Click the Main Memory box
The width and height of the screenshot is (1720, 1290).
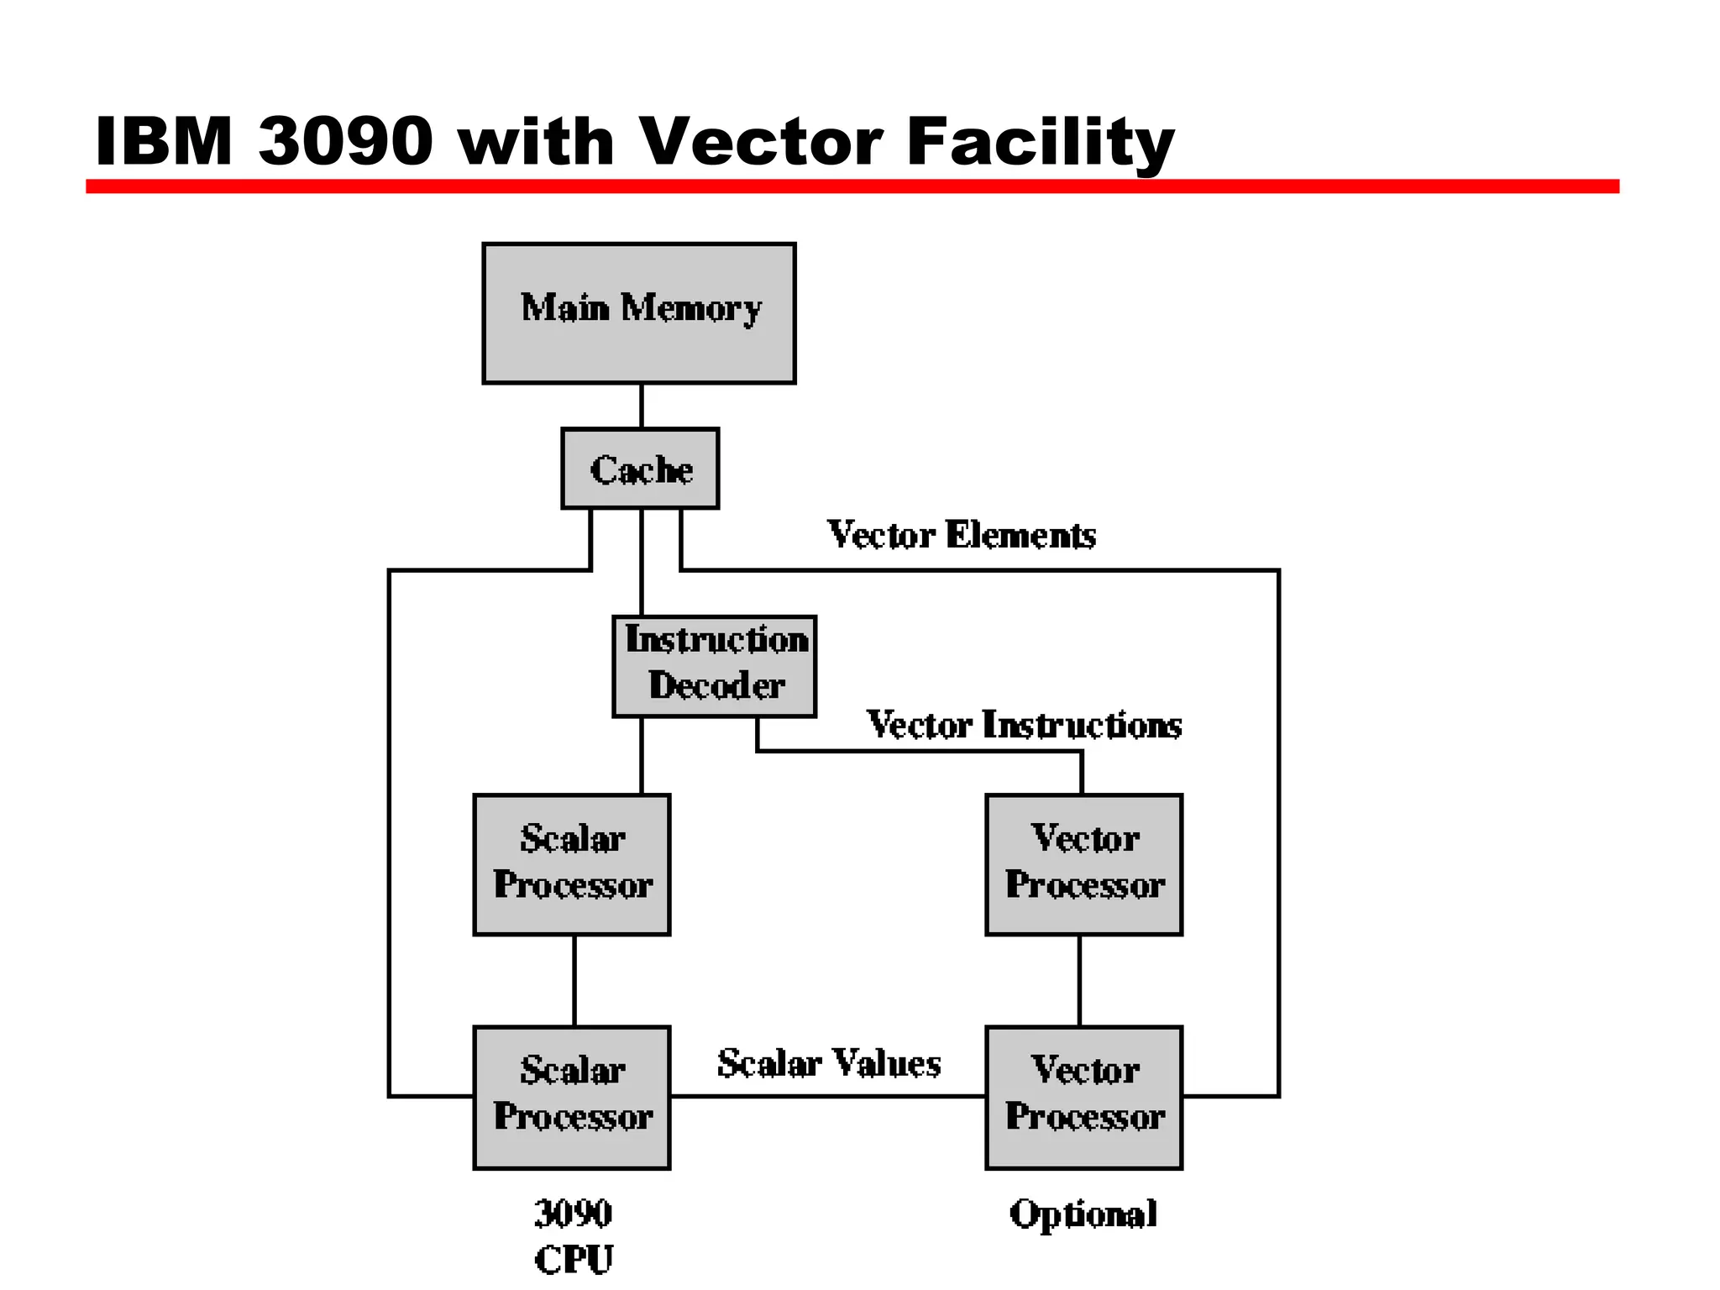(638, 313)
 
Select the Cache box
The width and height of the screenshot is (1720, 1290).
(640, 469)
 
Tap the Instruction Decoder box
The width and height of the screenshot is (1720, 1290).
(714, 666)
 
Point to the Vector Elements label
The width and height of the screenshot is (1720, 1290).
(962, 535)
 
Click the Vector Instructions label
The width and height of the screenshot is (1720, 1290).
(1024, 725)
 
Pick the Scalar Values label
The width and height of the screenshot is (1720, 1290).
(829, 1063)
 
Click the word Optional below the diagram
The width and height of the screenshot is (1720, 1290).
(1083, 1214)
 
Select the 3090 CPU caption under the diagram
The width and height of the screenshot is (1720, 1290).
(574, 1235)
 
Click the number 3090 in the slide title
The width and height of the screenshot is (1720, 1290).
(345, 141)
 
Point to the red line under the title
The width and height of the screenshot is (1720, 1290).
(852, 186)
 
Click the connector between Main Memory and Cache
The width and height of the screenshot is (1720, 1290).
(642, 406)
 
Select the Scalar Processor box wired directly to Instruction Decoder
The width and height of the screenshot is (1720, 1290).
(572, 864)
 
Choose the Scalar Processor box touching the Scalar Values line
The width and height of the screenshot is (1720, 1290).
(572, 1097)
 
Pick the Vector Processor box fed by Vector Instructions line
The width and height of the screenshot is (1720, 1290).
(1083, 864)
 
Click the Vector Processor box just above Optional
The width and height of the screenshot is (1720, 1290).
(1083, 1097)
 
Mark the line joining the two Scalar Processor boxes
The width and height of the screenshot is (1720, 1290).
(574, 980)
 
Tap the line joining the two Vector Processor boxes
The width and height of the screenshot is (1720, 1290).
(1079, 980)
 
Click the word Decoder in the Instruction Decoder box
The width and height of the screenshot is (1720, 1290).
(716, 686)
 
